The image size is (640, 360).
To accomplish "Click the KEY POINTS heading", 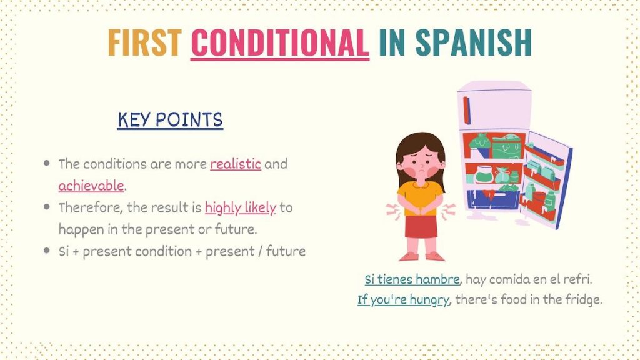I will [170, 119].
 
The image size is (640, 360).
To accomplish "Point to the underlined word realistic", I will [236, 164].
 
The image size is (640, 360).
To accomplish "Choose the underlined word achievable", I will [91, 186].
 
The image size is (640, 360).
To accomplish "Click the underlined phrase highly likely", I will [240, 207].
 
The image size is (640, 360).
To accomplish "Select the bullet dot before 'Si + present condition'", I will [46, 251].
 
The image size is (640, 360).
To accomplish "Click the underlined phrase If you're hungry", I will [403, 300].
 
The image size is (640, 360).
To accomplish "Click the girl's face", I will [420, 165].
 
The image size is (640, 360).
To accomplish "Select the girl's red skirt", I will [421, 225].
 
